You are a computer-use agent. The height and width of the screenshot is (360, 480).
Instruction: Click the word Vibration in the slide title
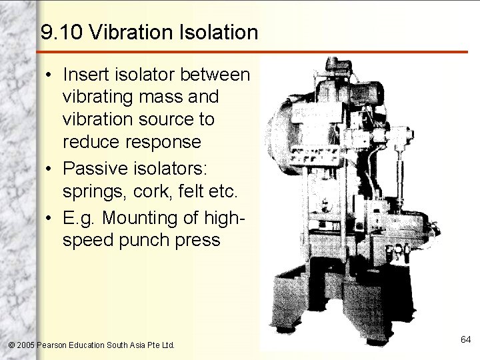pyautogui.click(x=125, y=33)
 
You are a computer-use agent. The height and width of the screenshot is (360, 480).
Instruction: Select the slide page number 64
pyautogui.click(x=465, y=340)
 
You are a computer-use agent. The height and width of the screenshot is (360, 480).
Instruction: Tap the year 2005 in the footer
pyautogui.click(x=26, y=345)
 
